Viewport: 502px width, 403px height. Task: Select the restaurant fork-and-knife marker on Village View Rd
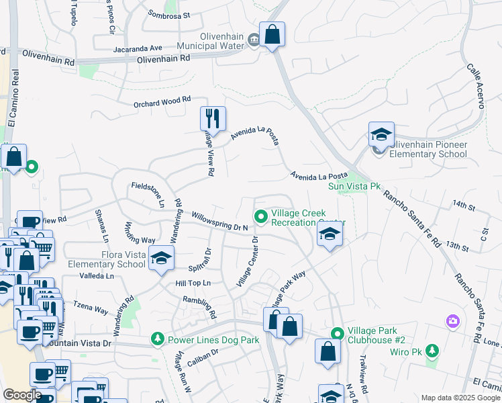(213, 119)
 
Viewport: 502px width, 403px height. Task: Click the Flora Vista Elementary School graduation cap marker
(161, 259)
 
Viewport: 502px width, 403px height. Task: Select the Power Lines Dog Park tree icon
(158, 339)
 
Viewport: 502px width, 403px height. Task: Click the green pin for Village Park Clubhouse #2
(338, 333)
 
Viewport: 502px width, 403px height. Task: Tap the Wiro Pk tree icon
(432, 350)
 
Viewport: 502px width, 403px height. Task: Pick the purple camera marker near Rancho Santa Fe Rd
(452, 322)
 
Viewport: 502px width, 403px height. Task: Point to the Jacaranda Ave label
(138, 48)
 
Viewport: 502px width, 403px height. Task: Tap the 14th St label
(463, 204)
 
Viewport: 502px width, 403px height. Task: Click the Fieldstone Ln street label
(148, 193)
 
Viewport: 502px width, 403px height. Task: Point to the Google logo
(22, 394)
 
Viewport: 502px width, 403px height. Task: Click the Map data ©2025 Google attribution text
(460, 398)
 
